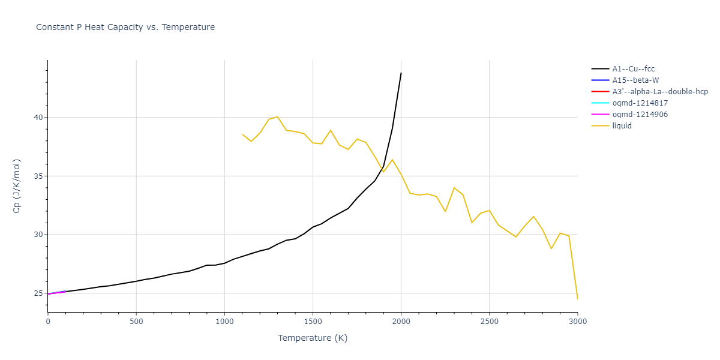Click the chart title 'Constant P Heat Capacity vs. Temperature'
point(125,27)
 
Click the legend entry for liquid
point(622,126)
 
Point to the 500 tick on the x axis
point(136,322)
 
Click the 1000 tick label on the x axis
point(224,322)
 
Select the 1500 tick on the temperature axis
point(313,322)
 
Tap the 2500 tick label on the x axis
point(489,322)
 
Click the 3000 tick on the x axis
point(577,322)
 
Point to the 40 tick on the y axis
point(38,118)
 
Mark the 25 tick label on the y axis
point(38,293)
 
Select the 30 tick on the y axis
point(38,235)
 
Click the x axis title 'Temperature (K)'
point(313,338)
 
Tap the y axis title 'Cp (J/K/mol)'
point(17,186)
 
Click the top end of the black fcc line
point(401,73)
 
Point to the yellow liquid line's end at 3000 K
point(577,298)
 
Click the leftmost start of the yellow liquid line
point(242,134)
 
